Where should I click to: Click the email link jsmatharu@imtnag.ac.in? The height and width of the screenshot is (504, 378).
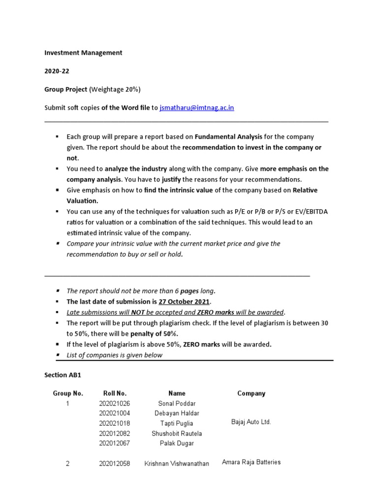pyautogui.click(x=197, y=108)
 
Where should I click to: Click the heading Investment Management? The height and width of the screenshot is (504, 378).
pyautogui.click(x=83, y=53)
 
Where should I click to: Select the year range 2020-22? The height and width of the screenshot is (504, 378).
pyautogui.click(x=57, y=71)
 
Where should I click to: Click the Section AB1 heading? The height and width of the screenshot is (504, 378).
pyautogui.click(x=63, y=375)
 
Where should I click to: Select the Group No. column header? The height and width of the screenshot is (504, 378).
pyautogui.click(x=68, y=393)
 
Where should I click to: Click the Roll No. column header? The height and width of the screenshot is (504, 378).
pyautogui.click(x=115, y=393)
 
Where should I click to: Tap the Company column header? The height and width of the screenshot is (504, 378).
pyautogui.click(x=251, y=393)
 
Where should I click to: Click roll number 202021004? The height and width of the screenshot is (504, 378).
pyautogui.click(x=115, y=413)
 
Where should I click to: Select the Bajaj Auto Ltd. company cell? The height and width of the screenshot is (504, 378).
pyautogui.click(x=251, y=422)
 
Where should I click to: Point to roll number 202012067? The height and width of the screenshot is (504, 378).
pyautogui.click(x=115, y=443)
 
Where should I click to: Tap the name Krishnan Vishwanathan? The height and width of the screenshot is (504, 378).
pyautogui.click(x=177, y=464)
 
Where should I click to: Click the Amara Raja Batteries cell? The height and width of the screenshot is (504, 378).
pyautogui.click(x=251, y=462)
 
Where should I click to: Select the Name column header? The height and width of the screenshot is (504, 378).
pyautogui.click(x=177, y=393)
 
